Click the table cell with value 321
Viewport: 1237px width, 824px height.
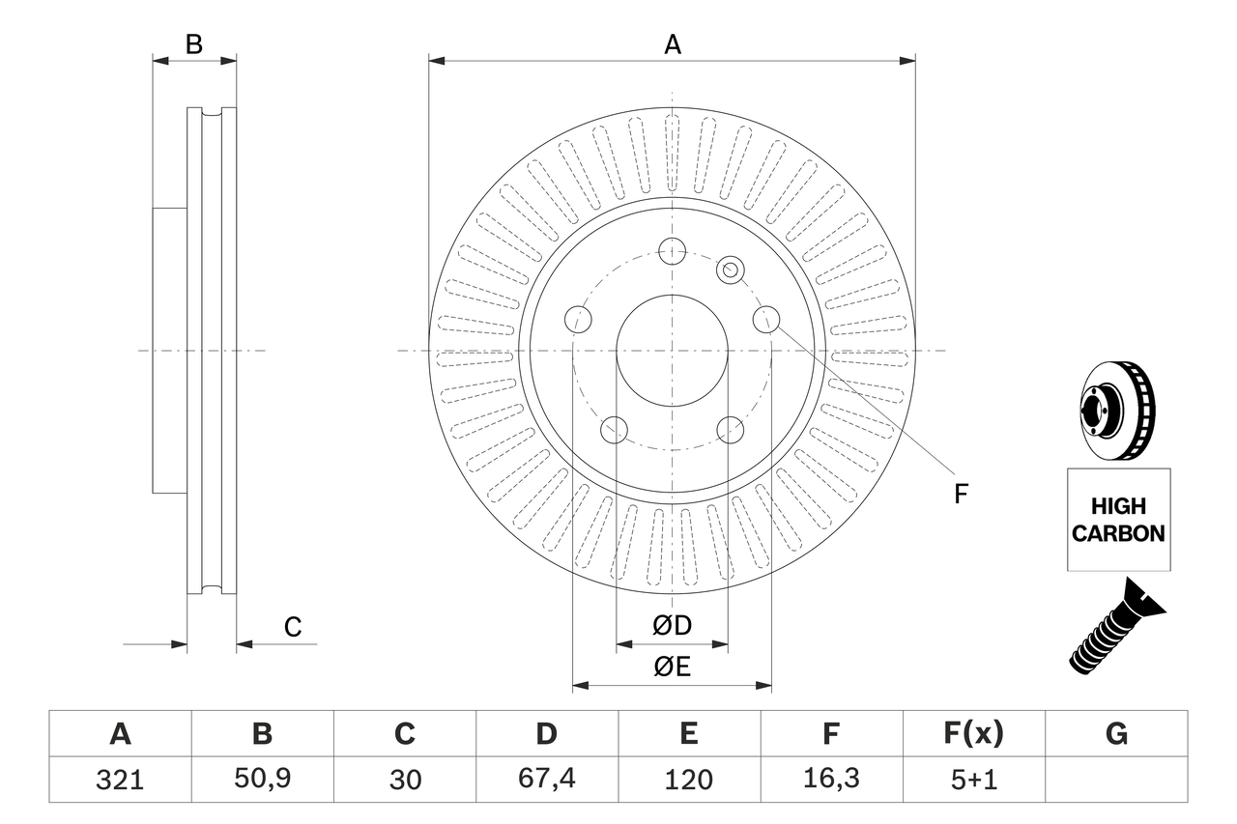(x=120, y=780)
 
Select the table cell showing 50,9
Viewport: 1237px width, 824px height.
(x=262, y=780)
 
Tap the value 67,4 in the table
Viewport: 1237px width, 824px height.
(x=546, y=780)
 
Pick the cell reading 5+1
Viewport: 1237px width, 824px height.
(x=973, y=780)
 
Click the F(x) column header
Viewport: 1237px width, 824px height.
(x=973, y=734)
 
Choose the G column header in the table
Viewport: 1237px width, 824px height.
(x=1116, y=734)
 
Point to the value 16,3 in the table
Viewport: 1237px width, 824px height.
(x=830, y=780)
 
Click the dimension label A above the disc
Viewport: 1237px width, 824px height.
(x=672, y=43)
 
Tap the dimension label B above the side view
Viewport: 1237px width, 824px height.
(x=194, y=43)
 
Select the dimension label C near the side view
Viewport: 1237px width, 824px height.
(x=293, y=627)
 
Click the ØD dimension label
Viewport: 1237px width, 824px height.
(x=672, y=626)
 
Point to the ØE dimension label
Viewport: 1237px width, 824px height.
(x=672, y=668)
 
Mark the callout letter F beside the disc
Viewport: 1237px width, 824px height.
(x=961, y=494)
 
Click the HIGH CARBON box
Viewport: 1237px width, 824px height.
(x=1118, y=519)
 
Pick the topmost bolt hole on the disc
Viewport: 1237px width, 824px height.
(x=672, y=251)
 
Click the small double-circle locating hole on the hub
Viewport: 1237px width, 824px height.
(x=731, y=270)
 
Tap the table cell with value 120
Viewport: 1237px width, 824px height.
(x=688, y=780)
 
